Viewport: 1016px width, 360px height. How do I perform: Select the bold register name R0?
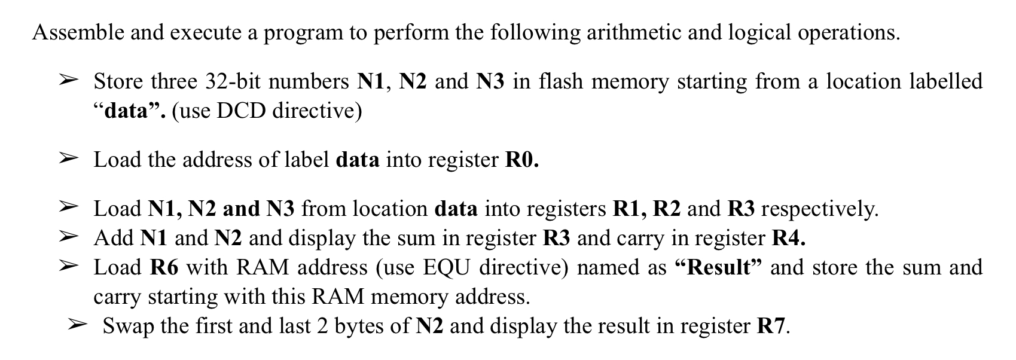point(522,160)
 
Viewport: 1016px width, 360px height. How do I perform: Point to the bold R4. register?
point(789,238)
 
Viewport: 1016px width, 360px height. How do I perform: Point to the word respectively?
point(819,209)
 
